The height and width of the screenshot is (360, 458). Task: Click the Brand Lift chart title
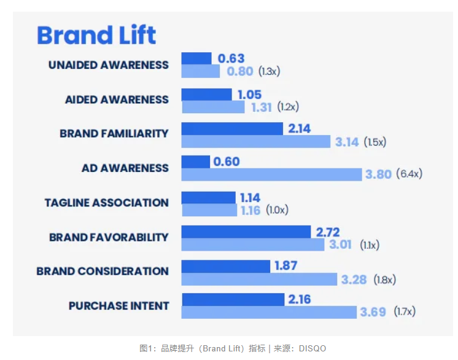(96, 36)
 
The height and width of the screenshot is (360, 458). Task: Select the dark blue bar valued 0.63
(196, 59)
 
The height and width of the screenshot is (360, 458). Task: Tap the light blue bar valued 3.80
(271, 174)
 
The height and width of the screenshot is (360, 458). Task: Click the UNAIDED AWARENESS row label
(109, 65)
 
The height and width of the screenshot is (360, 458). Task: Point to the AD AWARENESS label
(125, 168)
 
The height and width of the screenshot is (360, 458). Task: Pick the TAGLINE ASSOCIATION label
(106, 203)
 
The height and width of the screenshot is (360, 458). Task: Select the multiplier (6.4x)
(409, 174)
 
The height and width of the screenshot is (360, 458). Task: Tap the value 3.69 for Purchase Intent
(373, 312)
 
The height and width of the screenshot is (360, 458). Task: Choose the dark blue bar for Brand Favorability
(246, 232)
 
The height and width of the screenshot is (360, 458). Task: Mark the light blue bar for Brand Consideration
(260, 280)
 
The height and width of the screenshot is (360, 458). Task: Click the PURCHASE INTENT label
(118, 306)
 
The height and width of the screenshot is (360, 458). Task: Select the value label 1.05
(249, 94)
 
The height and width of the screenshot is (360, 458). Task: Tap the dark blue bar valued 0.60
(196, 162)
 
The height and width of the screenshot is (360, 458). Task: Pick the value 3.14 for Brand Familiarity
(347, 142)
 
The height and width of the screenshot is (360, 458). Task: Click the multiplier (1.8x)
(384, 280)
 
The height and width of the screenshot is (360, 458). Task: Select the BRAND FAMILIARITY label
(114, 134)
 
